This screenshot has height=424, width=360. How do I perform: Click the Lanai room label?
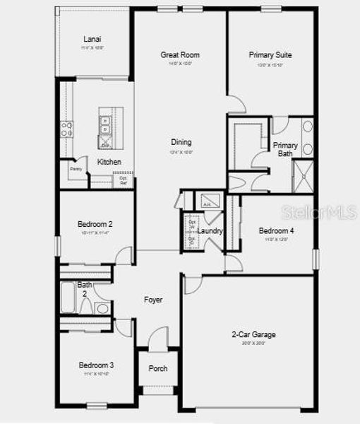pos(92,39)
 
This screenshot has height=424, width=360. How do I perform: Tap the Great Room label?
pos(180,55)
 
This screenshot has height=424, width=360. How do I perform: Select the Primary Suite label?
pos(270,55)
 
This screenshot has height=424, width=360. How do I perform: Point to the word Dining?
pos(181,142)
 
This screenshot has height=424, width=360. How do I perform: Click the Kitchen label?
pos(109,162)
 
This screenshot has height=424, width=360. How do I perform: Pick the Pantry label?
pos(76,169)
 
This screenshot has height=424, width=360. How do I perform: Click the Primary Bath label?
pos(285,149)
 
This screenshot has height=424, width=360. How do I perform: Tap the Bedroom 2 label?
pos(95,224)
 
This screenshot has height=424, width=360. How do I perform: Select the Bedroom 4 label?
pos(276,231)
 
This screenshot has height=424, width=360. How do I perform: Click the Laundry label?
pos(210,231)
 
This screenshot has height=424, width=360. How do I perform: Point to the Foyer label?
pos(153,300)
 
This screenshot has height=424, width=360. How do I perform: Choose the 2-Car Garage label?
pos(254,334)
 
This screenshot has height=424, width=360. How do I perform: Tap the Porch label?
pos(157,369)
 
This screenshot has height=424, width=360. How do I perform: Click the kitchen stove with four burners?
pos(68,129)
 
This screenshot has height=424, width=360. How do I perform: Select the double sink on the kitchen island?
pos(105,125)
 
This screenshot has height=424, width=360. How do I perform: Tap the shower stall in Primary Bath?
pos(302,176)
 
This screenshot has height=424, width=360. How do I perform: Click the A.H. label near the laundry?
pos(207,204)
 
